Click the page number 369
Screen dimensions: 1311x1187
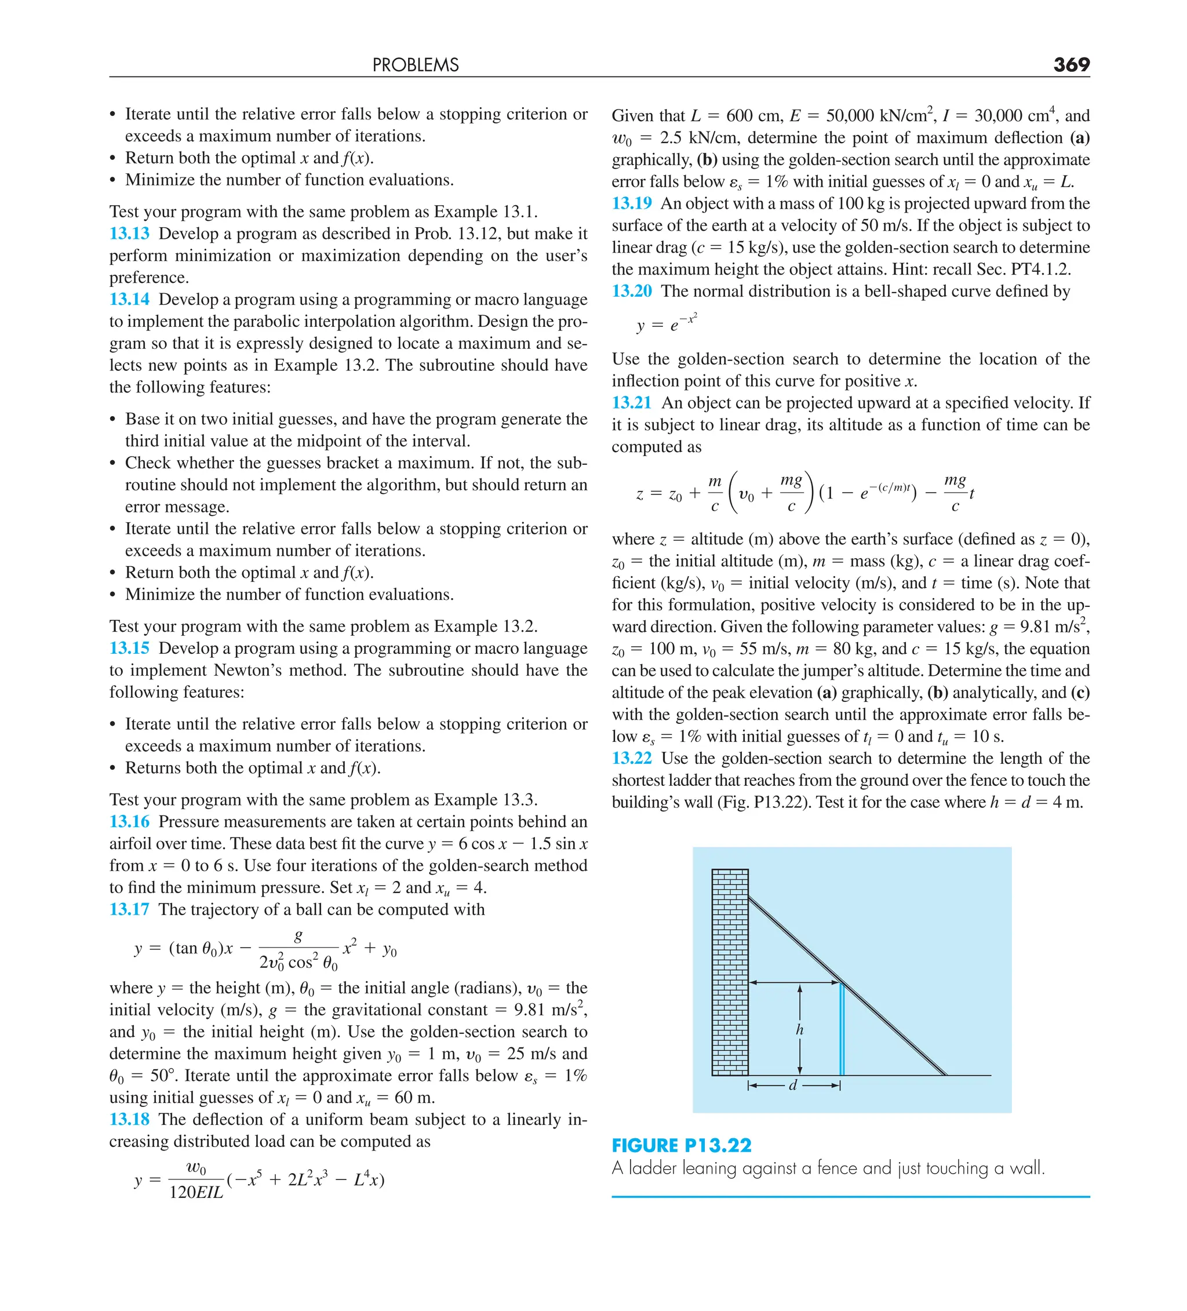pyautogui.click(x=1071, y=64)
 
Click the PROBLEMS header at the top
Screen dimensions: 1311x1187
pyautogui.click(x=415, y=65)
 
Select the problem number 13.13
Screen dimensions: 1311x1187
pyautogui.click(x=129, y=234)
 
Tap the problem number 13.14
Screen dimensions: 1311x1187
pyautogui.click(x=129, y=299)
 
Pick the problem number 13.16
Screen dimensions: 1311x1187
pyautogui.click(x=129, y=821)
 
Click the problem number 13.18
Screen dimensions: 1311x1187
pyautogui.click(x=129, y=1119)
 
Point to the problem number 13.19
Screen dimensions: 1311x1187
pyautogui.click(x=632, y=203)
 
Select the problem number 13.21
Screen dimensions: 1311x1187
pyautogui.click(x=632, y=403)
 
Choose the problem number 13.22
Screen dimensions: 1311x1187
pyautogui.click(x=632, y=758)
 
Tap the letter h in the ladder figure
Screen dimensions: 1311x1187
pyautogui.click(x=799, y=1029)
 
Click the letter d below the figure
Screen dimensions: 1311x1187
pyautogui.click(x=792, y=1086)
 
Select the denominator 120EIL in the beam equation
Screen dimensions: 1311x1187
pyautogui.click(x=196, y=1192)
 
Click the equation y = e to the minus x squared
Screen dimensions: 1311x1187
pyautogui.click(x=666, y=323)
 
